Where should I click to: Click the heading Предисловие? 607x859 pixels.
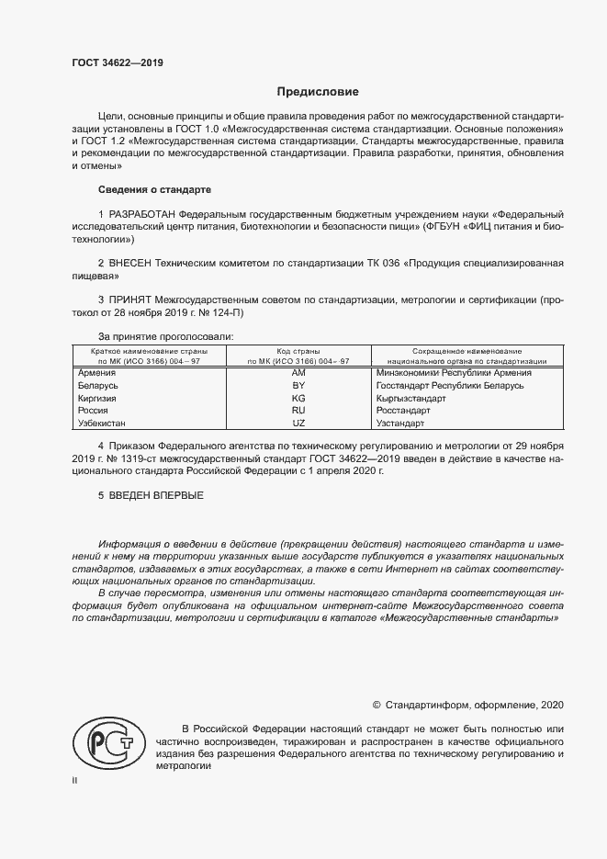pos(319,92)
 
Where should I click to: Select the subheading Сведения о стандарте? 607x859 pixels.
pos(154,189)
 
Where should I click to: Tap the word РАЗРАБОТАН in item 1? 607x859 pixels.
pos(141,214)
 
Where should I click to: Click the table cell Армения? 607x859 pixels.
pos(97,372)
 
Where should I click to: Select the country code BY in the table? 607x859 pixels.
pos(298,386)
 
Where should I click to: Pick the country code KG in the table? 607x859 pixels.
pos(298,399)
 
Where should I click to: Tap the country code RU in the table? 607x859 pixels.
pos(298,412)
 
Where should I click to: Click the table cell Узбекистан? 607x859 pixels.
pos(102,424)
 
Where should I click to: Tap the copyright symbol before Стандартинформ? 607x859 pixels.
pos(377,705)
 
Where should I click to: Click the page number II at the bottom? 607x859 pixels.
pos(75,780)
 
